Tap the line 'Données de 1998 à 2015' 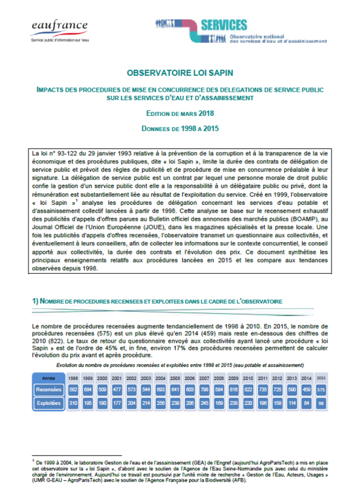(x=179, y=128)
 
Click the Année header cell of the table (x=49, y=379)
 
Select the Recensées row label (x=49, y=390)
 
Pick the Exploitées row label (x=49, y=401)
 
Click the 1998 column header (x=72, y=379)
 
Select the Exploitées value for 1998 (x=72, y=401)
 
